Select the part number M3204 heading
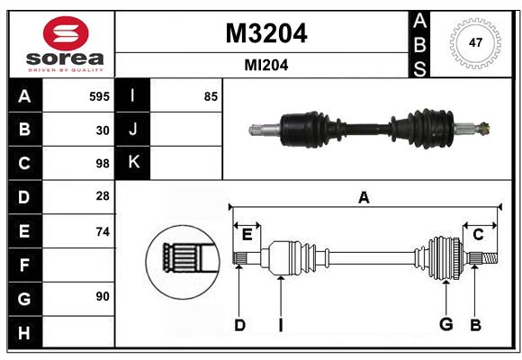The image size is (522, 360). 265,33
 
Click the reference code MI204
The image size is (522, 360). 265,65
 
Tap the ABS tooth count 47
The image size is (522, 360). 474,42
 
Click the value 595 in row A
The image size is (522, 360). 99,96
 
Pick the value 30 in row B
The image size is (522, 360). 103,130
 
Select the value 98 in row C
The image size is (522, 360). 103,164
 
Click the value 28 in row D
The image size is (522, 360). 103,197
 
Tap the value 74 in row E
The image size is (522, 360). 103,231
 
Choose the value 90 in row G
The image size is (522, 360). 103,295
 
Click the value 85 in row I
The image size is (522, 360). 211,96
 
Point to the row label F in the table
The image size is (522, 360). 24,265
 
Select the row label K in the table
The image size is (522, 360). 133,163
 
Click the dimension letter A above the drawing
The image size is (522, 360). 364,197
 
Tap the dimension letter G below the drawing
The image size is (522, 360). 445,325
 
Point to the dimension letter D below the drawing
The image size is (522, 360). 239,325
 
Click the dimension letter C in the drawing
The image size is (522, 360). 478,234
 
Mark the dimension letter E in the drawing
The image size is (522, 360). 247,234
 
